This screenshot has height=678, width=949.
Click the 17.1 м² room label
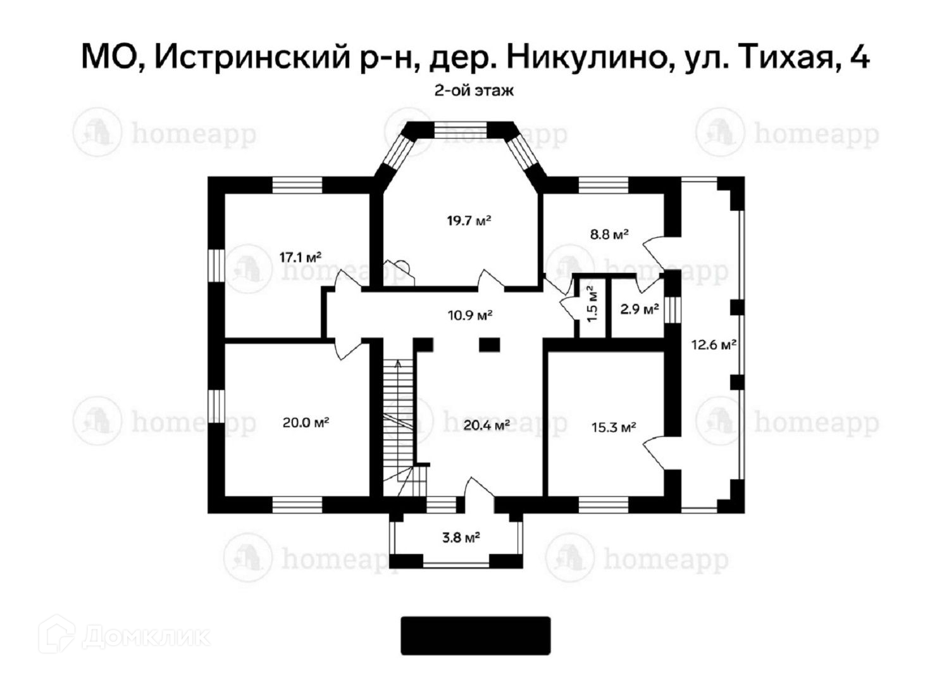[301, 257]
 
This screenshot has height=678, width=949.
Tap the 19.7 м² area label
[469, 221]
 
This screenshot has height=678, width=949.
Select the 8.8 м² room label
[609, 234]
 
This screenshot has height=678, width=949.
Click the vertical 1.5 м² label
[591, 305]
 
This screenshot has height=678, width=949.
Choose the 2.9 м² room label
[638, 310]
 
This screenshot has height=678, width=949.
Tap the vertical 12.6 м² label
[713, 346]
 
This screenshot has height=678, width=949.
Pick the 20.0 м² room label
[306, 422]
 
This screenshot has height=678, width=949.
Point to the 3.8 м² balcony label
[461, 538]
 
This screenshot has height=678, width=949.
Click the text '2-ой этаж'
[474, 91]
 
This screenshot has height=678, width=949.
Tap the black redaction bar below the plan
[476, 636]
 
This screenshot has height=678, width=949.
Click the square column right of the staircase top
[489, 344]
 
